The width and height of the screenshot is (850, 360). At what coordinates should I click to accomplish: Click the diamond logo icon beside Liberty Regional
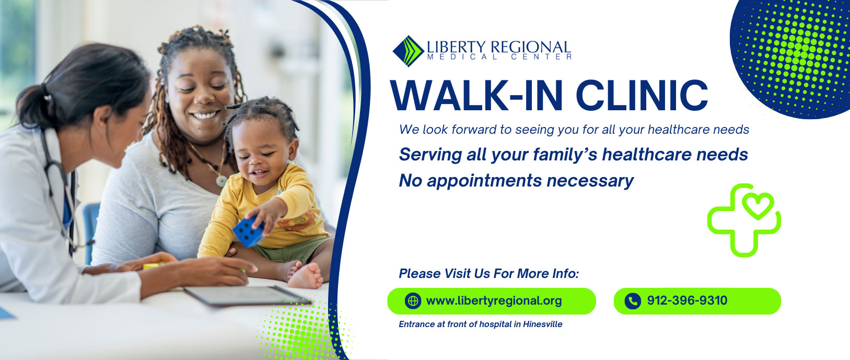coord(408,51)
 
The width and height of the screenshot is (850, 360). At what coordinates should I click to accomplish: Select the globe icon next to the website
coord(413,301)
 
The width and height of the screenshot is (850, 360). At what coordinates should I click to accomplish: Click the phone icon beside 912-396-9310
coord(633,301)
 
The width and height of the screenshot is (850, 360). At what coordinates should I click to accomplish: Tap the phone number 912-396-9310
coord(687,300)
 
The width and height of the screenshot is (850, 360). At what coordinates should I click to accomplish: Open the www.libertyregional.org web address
coord(494,301)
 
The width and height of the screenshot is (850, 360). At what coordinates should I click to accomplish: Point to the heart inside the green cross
coord(758,206)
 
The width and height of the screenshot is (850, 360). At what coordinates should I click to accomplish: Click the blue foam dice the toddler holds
coord(249,231)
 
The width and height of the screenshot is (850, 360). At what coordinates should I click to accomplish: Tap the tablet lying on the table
coord(246,295)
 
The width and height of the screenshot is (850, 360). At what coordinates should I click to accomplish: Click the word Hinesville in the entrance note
coord(543,324)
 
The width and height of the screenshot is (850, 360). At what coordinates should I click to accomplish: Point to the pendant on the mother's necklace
coord(222,181)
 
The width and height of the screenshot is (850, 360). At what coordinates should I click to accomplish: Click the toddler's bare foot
coord(306,276)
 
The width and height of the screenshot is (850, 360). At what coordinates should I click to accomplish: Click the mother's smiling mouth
coord(204,114)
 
